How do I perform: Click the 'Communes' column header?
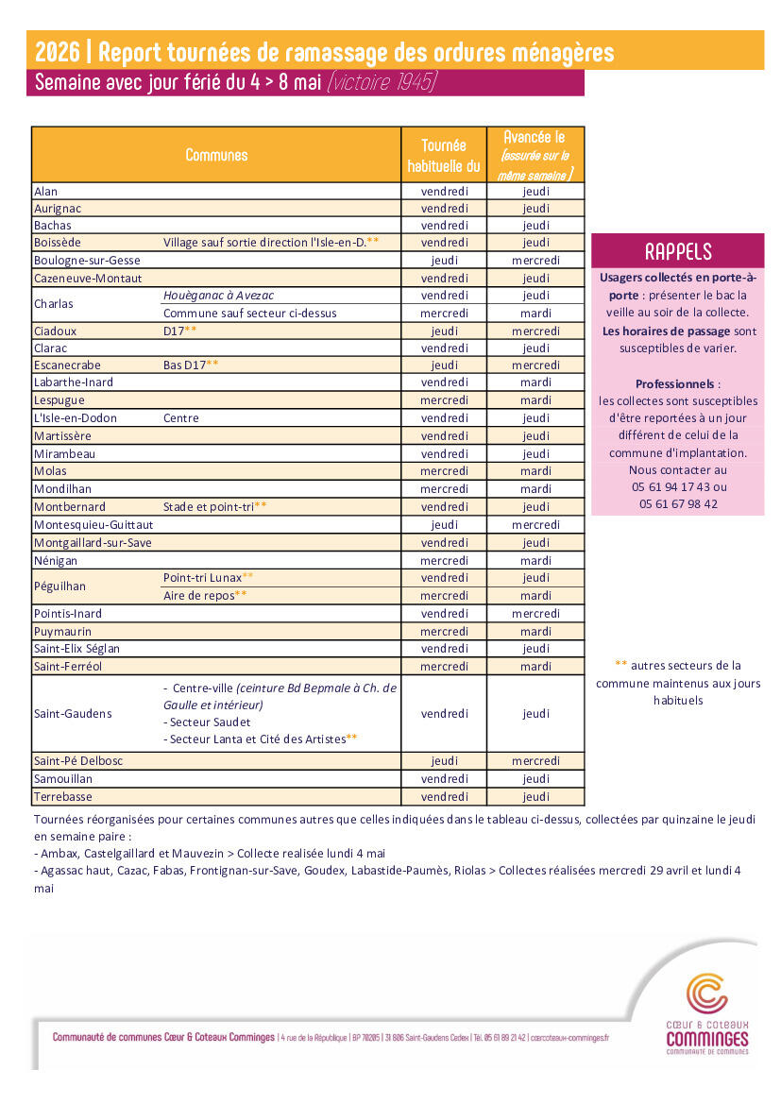(x=216, y=156)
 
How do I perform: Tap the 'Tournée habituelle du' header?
(x=444, y=156)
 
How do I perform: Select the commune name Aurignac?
(x=58, y=209)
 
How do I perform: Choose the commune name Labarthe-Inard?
(x=74, y=382)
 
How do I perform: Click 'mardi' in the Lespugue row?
(x=535, y=400)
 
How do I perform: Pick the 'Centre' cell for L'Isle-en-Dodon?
(x=181, y=417)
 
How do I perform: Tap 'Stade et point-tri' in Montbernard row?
(x=210, y=507)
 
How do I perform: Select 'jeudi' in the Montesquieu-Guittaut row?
(x=444, y=525)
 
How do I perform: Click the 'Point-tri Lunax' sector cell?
(x=203, y=577)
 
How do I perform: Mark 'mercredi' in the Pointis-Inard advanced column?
(x=535, y=614)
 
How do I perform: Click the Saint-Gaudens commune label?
(x=72, y=714)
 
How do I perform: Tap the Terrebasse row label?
(x=61, y=797)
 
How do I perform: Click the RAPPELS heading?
(x=677, y=251)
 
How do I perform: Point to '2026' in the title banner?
(x=57, y=52)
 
